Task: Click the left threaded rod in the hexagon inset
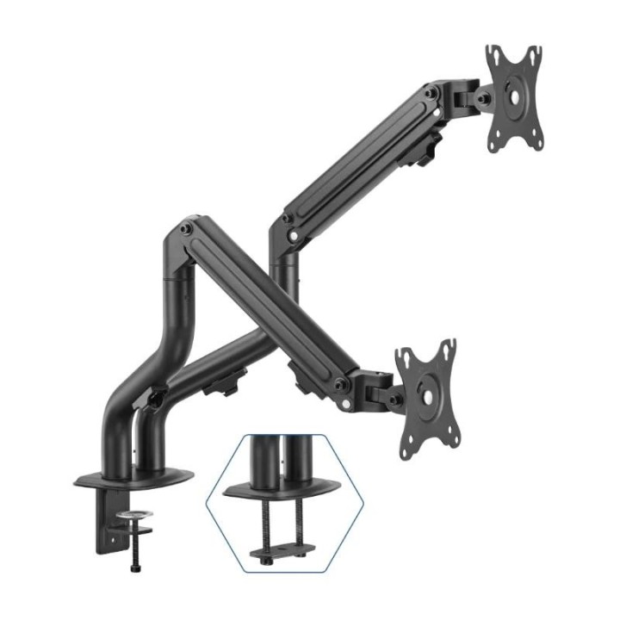[x=263, y=525]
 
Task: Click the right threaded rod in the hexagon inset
[x=298, y=525]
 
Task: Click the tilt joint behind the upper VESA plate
[x=469, y=96]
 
